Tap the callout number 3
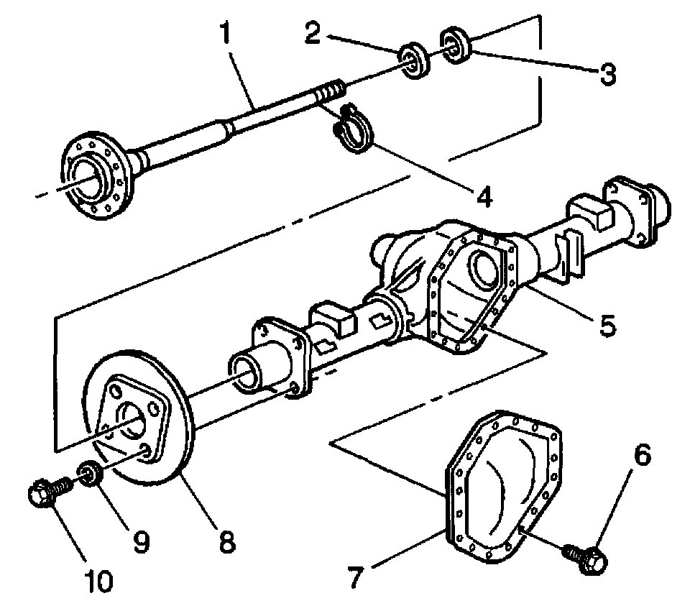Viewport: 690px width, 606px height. (608, 74)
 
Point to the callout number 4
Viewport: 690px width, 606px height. (486, 196)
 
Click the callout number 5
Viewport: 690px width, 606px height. (607, 324)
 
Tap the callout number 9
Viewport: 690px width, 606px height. (140, 541)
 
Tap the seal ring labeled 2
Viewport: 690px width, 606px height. (414, 60)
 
